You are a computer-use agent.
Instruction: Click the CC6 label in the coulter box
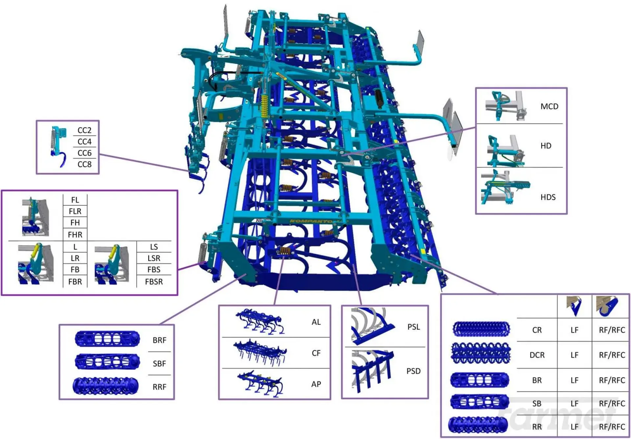[84, 153]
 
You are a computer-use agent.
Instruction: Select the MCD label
[549, 106]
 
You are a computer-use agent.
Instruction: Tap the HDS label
[548, 197]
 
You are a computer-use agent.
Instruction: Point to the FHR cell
[75, 235]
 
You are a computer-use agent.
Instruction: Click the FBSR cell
[154, 282]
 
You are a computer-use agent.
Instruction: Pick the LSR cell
[154, 258]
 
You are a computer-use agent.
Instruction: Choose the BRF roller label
[159, 340]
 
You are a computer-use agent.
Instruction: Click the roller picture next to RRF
[105, 386]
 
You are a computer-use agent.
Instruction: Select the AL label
[316, 322]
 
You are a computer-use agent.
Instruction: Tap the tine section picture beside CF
[260, 353]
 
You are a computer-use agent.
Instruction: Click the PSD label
[413, 371]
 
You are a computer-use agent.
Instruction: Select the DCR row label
[537, 355]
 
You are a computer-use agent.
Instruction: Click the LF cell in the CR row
[574, 330]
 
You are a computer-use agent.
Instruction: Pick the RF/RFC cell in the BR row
[612, 380]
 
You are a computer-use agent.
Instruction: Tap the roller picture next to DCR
[481, 353]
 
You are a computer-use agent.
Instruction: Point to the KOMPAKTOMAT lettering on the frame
[311, 221]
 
